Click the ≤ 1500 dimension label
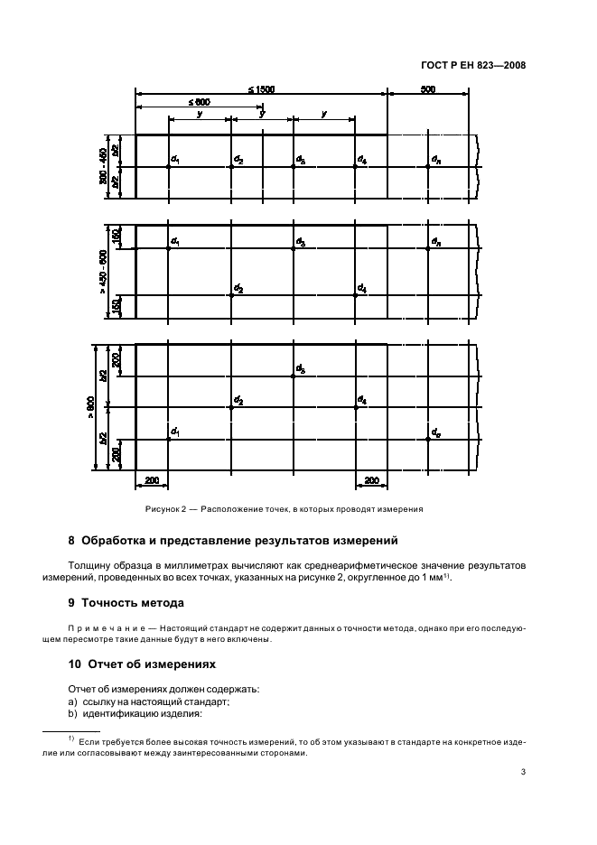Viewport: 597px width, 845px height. [262, 89]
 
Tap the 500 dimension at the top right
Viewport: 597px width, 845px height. [428, 89]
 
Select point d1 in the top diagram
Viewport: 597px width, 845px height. [169, 167]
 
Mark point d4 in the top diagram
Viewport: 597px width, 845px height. [356, 167]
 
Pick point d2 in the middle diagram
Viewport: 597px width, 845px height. [232, 295]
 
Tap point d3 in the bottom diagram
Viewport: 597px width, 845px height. [294, 376]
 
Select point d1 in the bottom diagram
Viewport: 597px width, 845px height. [169, 439]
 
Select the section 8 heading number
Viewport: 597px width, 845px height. [72, 542]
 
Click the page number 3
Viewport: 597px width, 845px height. [523, 772]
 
